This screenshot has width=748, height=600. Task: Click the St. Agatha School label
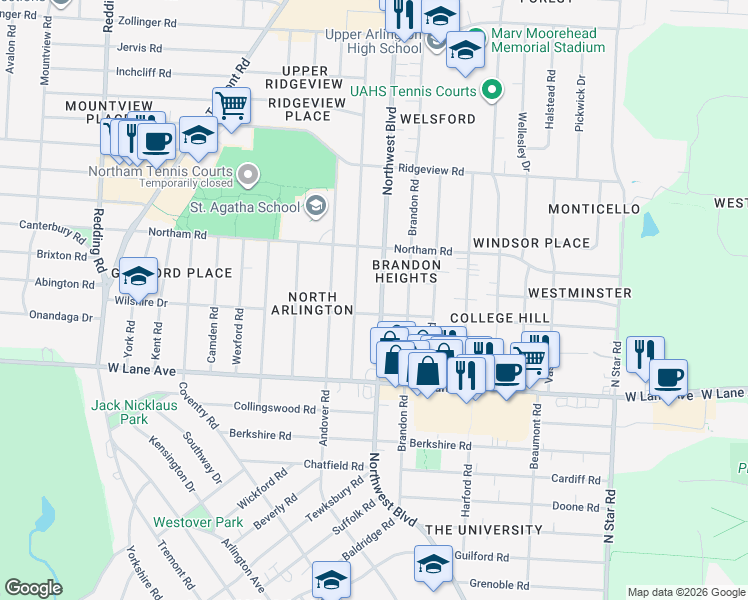click(245, 207)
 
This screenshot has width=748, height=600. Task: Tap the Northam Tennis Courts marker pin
click(249, 175)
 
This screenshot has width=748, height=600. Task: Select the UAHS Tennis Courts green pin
click(491, 91)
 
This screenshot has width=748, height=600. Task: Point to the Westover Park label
click(198, 522)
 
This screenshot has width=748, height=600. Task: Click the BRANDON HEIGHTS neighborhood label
click(407, 272)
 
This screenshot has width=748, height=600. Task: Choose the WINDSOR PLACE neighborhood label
click(532, 243)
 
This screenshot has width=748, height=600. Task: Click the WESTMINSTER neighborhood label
click(579, 293)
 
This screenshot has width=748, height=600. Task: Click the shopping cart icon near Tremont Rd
click(231, 104)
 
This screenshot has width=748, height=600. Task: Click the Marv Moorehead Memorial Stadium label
click(547, 39)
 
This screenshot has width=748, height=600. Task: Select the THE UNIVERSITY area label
click(484, 530)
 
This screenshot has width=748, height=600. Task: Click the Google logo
click(34, 588)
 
